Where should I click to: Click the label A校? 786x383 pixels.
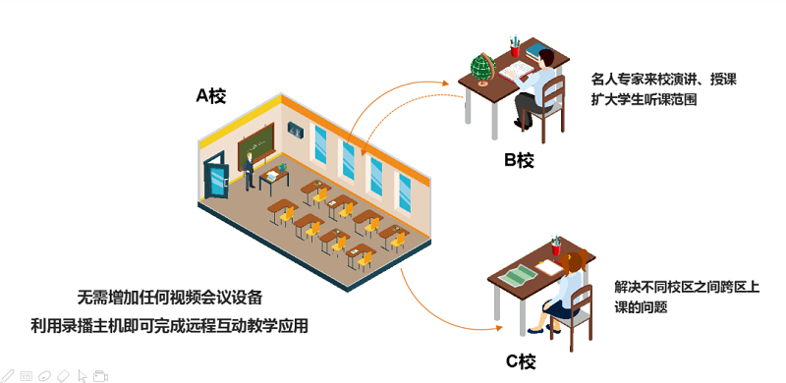coord(211,95)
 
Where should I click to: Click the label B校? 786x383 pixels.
coord(519,161)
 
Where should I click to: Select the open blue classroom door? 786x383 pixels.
coord(216,179)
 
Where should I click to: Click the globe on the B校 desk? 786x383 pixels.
coord(481,69)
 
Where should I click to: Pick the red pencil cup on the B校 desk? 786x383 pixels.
coord(514,46)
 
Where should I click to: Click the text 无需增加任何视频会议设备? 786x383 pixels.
coord(169,296)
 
